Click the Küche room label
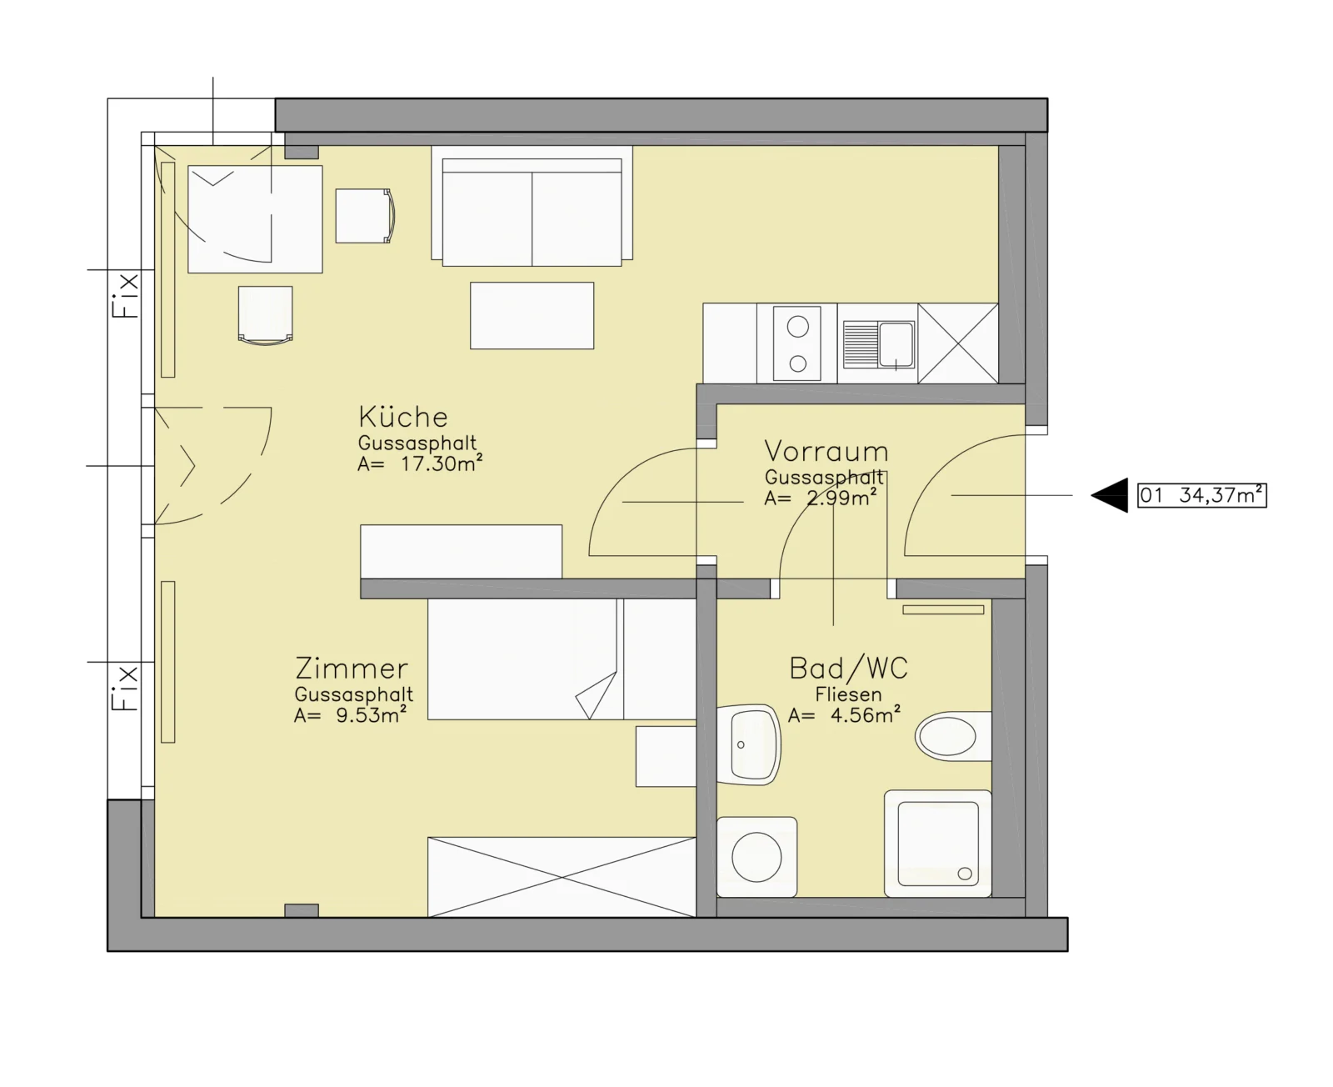(403, 417)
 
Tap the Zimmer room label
(351, 668)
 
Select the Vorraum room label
(826, 451)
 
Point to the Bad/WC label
(848, 668)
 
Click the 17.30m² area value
(442, 463)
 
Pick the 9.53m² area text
(372, 714)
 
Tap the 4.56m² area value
(866, 714)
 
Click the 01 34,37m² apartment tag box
(1201, 495)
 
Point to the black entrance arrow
(1109, 495)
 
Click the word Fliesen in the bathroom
(848, 694)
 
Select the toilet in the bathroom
(953, 736)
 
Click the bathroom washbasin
(748, 745)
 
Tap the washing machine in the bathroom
(756, 857)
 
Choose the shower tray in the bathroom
(937, 844)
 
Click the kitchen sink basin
(896, 345)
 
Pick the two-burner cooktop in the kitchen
(796, 343)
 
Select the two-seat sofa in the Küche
(532, 207)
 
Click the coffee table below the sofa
(532, 316)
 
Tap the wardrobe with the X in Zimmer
(562, 877)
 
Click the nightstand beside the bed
(666, 756)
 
